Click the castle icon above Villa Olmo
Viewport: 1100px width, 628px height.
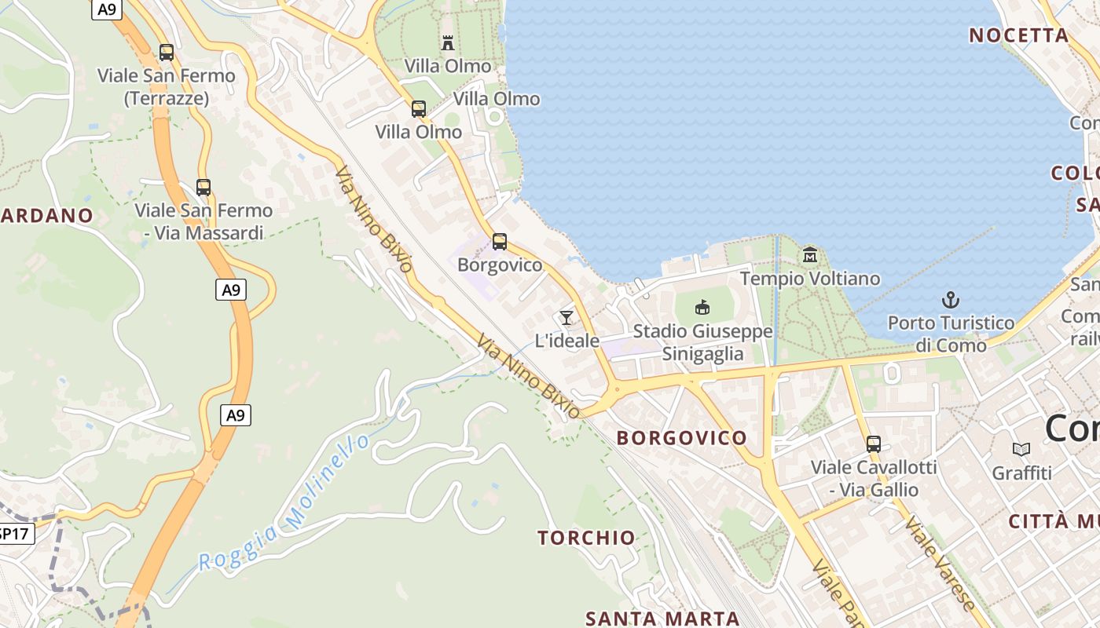[x=448, y=42]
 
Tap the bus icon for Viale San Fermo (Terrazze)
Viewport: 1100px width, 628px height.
[x=167, y=53]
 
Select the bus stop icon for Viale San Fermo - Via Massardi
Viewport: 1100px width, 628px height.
[x=203, y=188]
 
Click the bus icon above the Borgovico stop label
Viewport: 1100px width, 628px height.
[x=500, y=242]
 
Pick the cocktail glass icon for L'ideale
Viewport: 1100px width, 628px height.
[x=566, y=318]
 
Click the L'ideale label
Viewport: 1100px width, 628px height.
[x=566, y=341]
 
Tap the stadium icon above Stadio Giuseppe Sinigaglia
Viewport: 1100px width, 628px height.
[x=702, y=308]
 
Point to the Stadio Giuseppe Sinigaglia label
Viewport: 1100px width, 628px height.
[x=702, y=343]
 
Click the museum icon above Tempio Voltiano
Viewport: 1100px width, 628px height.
[x=810, y=255]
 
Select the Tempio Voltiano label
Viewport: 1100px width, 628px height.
[x=810, y=279]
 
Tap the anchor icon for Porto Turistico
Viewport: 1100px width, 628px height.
[x=951, y=300]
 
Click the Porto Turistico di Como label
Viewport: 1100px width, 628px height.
[x=951, y=334]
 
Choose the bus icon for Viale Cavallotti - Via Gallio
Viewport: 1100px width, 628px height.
[x=874, y=444]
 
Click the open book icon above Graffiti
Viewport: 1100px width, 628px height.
[x=1021, y=450]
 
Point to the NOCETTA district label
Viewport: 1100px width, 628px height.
[x=1018, y=35]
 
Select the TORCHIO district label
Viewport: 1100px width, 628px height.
[x=586, y=538]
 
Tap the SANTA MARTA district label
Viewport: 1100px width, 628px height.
[x=662, y=619]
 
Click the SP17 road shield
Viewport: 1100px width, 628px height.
[x=13, y=534]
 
